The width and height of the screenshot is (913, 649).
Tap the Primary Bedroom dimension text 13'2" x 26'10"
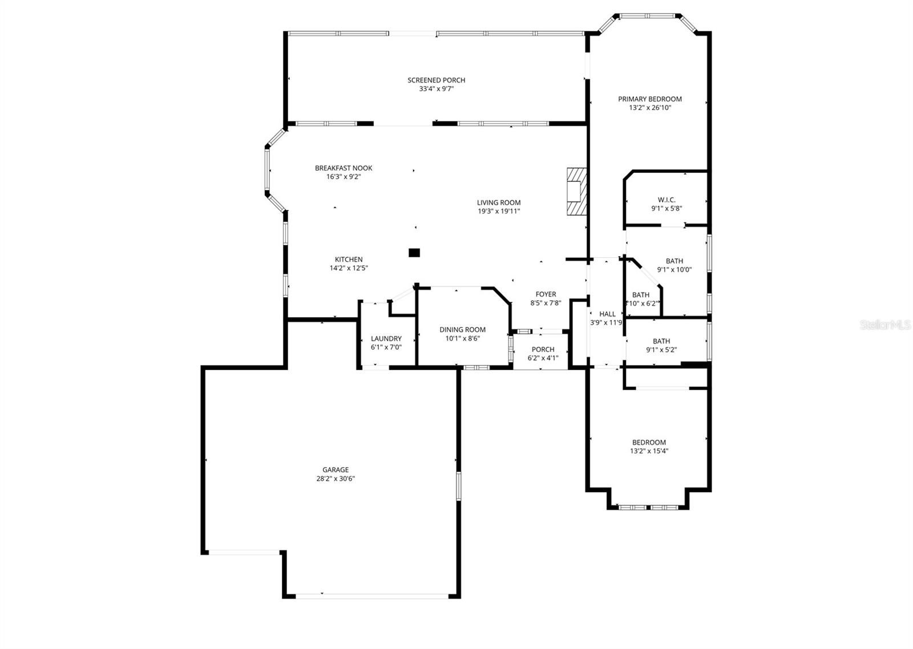[x=649, y=108]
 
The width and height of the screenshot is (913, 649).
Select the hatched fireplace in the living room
[x=576, y=191]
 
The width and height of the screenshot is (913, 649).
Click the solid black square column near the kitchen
[x=414, y=253]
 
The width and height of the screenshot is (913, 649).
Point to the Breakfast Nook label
[x=344, y=168]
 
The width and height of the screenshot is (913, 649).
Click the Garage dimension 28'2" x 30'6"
[x=336, y=479]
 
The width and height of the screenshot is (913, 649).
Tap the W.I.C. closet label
[x=666, y=200]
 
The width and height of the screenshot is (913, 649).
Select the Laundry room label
[x=386, y=339]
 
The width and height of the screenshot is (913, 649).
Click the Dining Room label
[x=462, y=330]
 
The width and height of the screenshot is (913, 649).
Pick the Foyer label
[x=546, y=295]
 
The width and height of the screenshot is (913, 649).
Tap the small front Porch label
[x=543, y=350]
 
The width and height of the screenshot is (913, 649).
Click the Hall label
[x=607, y=314]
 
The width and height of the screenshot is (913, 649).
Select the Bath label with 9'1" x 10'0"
[x=674, y=261]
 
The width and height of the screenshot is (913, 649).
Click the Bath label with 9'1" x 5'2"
[x=661, y=342]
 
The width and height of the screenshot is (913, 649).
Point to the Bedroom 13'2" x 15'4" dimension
[x=649, y=451]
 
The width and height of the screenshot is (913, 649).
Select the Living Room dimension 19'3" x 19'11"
[x=499, y=212]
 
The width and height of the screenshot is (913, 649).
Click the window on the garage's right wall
[x=458, y=486]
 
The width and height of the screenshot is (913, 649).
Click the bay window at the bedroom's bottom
[x=649, y=507]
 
